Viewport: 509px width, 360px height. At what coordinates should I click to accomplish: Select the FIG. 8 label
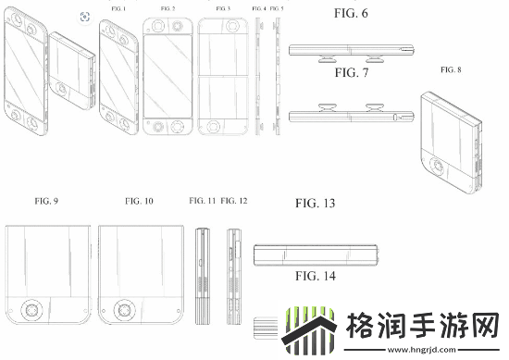coord(453,69)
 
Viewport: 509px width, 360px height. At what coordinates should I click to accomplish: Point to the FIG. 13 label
coord(315,202)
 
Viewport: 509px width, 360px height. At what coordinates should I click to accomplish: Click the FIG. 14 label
coord(315,275)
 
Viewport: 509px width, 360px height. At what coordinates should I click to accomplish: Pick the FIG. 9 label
coord(46,201)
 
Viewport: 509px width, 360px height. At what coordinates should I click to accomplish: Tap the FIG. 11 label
coord(202,201)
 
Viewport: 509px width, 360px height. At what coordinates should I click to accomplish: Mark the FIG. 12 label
coord(235,201)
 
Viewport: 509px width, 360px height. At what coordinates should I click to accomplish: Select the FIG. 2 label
coord(167,9)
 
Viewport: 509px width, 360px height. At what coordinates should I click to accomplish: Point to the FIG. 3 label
coord(222,9)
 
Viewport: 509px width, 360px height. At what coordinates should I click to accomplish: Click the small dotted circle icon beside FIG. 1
coord(84,16)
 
